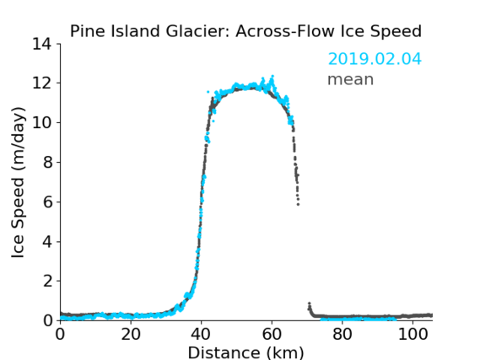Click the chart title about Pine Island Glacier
(x=245, y=31)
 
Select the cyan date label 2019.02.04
(x=375, y=59)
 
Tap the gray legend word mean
(x=351, y=79)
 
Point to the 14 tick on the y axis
(x=42, y=44)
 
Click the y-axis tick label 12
(x=42, y=83)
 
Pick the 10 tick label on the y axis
(x=42, y=122)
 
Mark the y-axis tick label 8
(x=47, y=162)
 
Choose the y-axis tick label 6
(x=47, y=201)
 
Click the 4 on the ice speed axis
(x=47, y=242)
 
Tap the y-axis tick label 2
(x=47, y=281)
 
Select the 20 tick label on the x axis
(x=131, y=335)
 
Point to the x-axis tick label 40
(x=201, y=335)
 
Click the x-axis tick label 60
(x=272, y=335)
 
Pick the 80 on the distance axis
(x=342, y=335)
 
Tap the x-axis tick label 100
(x=413, y=335)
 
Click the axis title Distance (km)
(x=245, y=352)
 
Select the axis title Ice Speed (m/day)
(x=18, y=182)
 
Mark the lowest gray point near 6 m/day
(x=298, y=204)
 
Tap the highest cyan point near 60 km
(x=272, y=76)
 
